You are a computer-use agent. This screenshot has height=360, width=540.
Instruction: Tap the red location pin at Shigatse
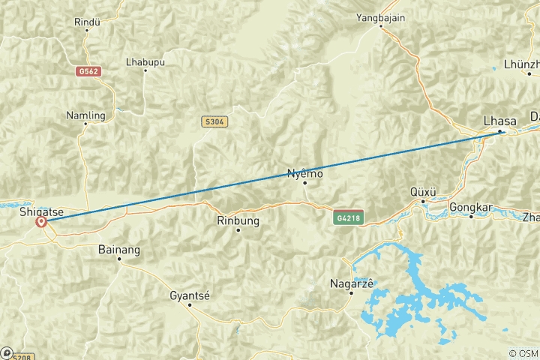(41, 222)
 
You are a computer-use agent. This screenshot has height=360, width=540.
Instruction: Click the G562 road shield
(88, 71)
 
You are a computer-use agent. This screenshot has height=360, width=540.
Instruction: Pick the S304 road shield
(214, 121)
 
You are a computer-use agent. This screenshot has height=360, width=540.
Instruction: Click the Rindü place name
(87, 22)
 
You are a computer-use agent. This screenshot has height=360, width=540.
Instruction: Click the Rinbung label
(237, 220)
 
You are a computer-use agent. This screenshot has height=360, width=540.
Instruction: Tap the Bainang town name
(119, 248)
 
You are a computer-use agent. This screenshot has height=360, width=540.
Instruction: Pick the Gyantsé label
(190, 295)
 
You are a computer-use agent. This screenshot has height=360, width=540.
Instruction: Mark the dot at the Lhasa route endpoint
(500, 132)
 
